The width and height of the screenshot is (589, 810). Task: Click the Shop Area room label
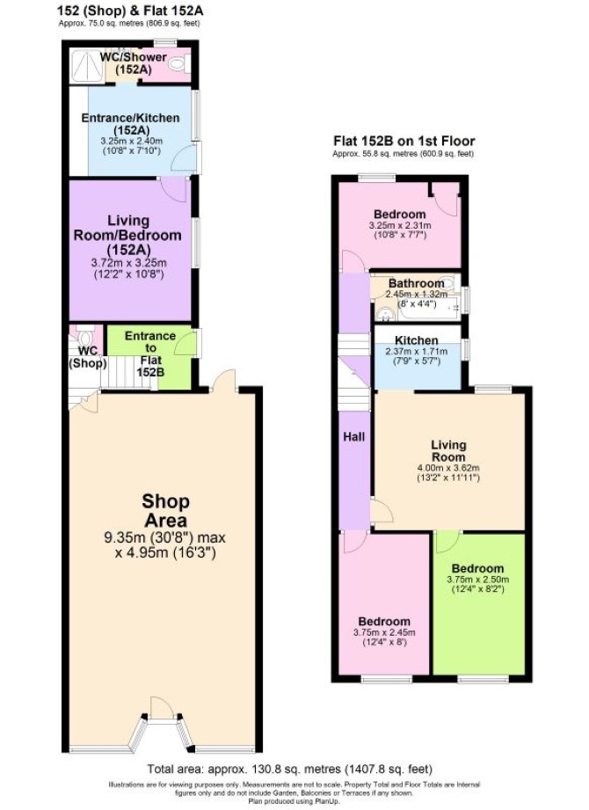(x=165, y=510)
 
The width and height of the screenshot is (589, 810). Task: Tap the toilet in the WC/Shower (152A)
(x=179, y=65)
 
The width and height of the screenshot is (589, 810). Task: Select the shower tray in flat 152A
(x=87, y=66)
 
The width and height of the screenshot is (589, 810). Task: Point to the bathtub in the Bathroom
(x=429, y=309)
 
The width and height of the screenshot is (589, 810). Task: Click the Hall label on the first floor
(x=354, y=437)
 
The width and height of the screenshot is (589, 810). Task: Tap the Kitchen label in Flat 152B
(x=416, y=339)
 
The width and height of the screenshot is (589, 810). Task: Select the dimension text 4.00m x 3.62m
(x=448, y=468)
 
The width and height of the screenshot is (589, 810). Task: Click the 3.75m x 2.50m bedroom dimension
(x=478, y=579)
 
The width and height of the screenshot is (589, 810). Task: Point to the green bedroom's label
(x=478, y=568)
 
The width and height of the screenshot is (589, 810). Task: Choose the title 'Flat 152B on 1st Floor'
(x=404, y=141)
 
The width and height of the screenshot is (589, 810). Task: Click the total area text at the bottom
(x=289, y=770)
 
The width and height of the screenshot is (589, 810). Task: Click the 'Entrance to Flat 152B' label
(x=150, y=353)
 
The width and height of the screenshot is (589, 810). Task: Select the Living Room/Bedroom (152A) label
(x=128, y=235)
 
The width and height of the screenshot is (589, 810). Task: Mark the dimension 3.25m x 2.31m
(x=400, y=225)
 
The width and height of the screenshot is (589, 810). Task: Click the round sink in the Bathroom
(x=383, y=312)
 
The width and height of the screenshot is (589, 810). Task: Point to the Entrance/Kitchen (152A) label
(x=130, y=123)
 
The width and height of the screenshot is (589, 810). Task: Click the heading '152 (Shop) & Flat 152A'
(x=130, y=11)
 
